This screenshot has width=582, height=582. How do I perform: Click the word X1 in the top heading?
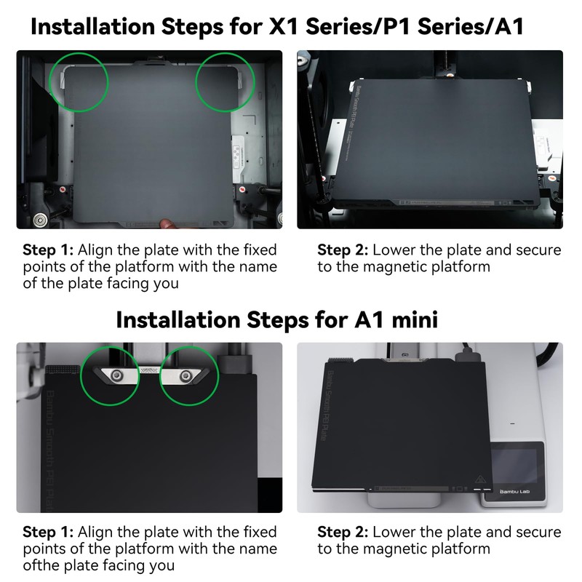[284, 27]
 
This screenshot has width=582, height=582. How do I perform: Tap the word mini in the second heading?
[415, 319]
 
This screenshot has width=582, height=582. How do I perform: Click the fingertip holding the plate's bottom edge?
[167, 223]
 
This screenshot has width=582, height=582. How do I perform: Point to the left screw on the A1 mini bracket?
[118, 375]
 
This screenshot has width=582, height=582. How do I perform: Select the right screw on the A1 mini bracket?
[186, 376]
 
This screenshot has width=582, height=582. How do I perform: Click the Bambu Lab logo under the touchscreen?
[514, 492]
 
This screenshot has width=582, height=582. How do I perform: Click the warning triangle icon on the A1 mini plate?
[480, 479]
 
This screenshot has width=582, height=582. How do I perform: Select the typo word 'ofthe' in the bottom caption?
[41, 565]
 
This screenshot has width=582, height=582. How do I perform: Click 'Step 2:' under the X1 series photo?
[343, 250]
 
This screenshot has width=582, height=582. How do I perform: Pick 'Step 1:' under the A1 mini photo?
[48, 532]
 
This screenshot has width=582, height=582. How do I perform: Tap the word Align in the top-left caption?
[95, 250]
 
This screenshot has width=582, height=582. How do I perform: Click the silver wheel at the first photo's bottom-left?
[39, 220]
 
